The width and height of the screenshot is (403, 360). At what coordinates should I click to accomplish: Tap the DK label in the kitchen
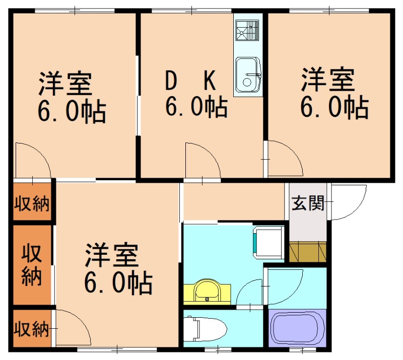[192, 80]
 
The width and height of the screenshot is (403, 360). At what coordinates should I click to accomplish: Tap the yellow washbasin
[207, 292]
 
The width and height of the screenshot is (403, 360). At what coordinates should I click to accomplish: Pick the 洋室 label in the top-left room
[65, 84]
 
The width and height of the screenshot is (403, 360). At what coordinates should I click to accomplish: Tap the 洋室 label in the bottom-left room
[111, 255]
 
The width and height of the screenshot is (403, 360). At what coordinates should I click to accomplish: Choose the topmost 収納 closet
[31, 204]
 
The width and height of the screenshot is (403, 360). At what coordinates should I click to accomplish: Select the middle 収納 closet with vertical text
[31, 265]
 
